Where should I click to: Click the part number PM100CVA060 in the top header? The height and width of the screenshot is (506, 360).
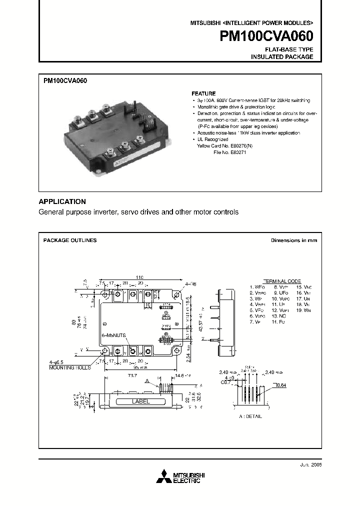point(267,36)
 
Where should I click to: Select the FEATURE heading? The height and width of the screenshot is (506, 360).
point(203,93)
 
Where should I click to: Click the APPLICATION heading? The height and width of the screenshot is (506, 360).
point(62,201)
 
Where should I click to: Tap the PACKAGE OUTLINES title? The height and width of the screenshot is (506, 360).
point(70,240)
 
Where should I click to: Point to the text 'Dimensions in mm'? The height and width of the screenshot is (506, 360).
point(294,240)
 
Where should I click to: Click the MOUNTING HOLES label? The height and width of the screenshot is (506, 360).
point(70,367)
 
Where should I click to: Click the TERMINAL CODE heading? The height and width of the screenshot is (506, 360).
point(282,281)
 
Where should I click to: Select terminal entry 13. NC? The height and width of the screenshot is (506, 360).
point(279,316)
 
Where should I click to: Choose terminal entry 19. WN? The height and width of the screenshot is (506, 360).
point(304,310)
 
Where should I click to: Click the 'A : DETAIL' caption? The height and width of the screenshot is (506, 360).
point(250,416)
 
